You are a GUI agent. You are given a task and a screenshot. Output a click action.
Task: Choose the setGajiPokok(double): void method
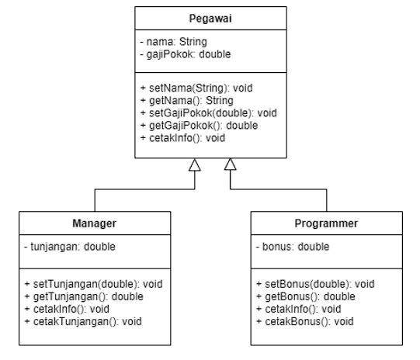tap(206, 112)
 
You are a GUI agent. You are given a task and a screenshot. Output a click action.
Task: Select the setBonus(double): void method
tap(315, 284)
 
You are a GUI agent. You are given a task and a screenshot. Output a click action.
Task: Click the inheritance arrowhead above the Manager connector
tap(195, 164)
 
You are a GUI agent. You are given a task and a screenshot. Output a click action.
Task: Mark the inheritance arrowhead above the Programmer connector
tap(231, 164)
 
